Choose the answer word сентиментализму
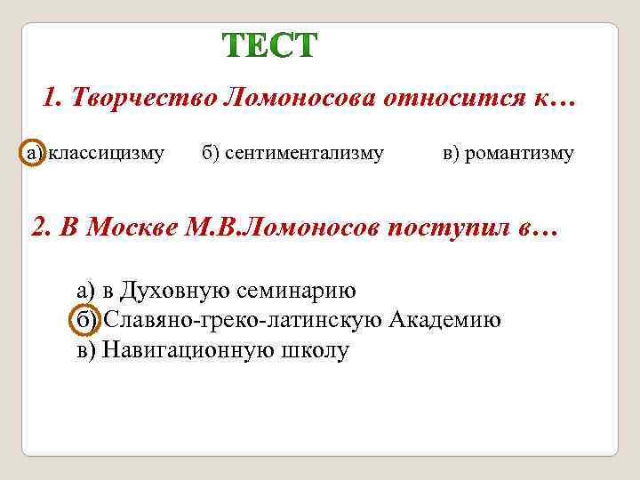[x=304, y=154]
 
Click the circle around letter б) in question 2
[x=84, y=321]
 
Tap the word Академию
[x=446, y=320]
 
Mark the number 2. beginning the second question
[x=41, y=228]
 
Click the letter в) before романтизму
[x=452, y=154]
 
